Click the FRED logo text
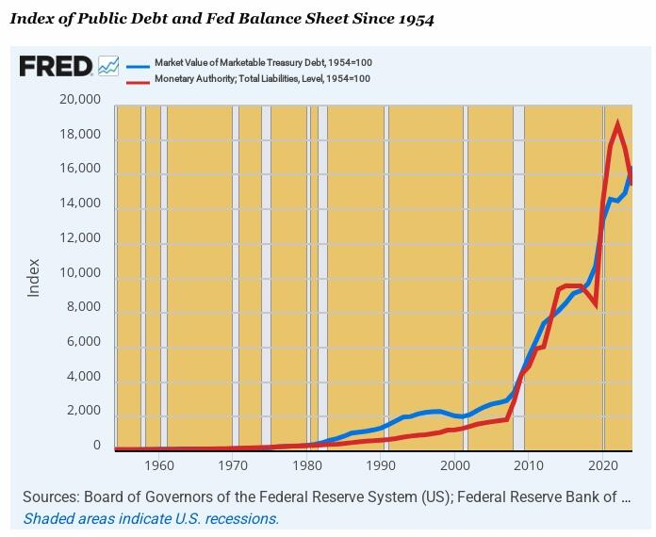coord(56,66)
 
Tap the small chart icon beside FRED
coord(108,66)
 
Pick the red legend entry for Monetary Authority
coord(254,78)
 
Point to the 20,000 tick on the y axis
coord(79,100)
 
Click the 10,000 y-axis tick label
coord(79,273)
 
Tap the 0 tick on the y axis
coord(95,446)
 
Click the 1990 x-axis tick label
coord(381,465)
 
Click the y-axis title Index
coord(34,277)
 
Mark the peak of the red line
coord(617,123)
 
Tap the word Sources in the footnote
coord(49,497)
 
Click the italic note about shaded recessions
coord(151,518)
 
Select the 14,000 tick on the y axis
coord(79,203)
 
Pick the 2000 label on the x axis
coord(454,465)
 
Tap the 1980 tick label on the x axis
coord(306,465)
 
